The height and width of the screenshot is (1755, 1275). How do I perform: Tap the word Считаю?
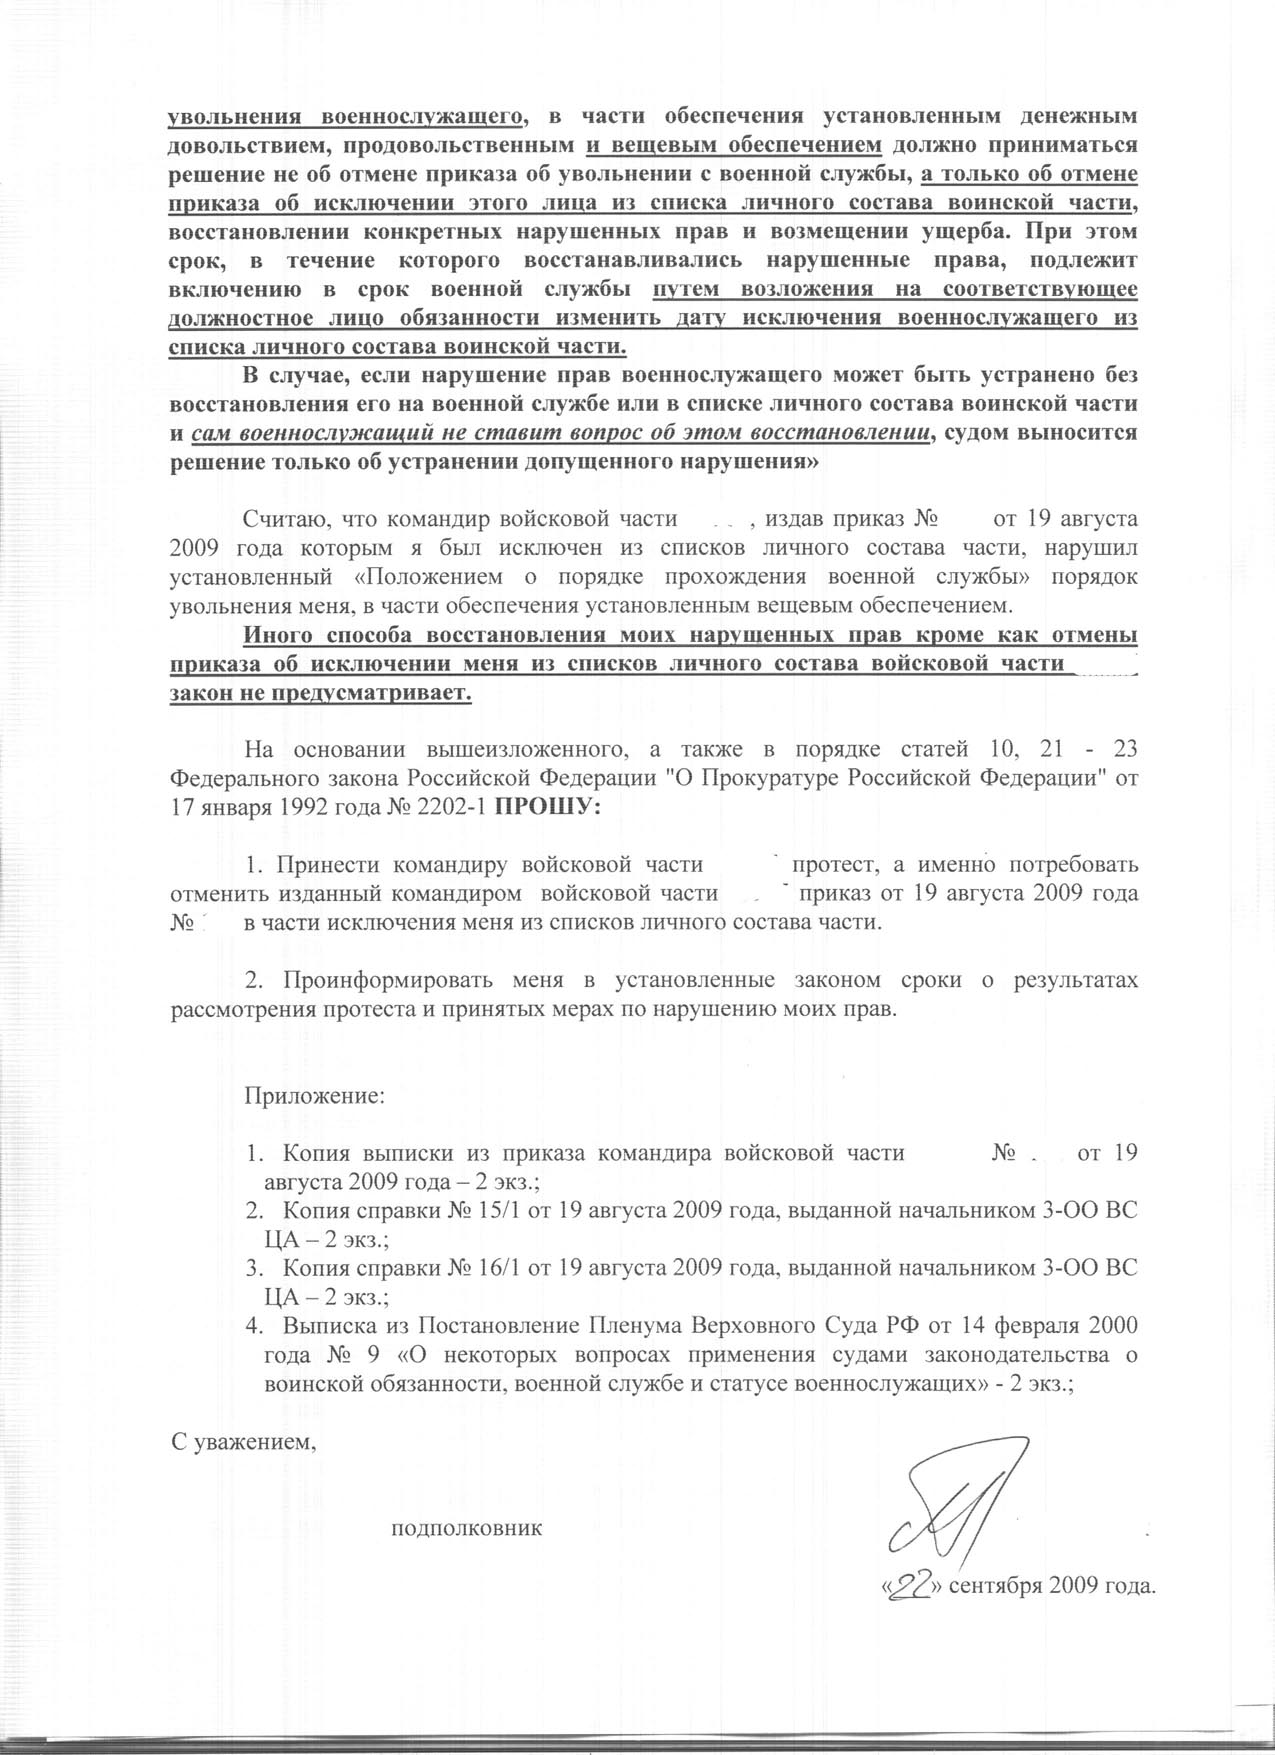tap(287, 520)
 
